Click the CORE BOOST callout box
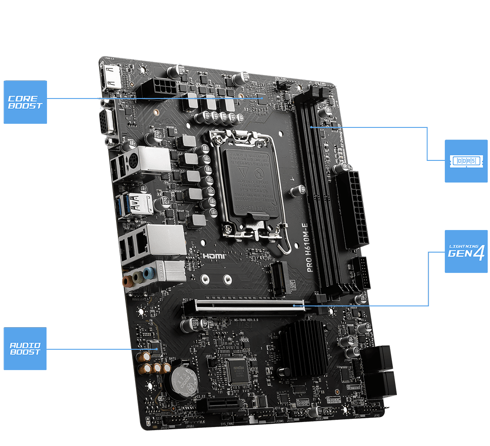coord(25,102)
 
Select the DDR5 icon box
coord(466,161)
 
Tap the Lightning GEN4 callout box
coord(466,251)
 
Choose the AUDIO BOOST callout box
coord(25,349)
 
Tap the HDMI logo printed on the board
coord(214,256)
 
